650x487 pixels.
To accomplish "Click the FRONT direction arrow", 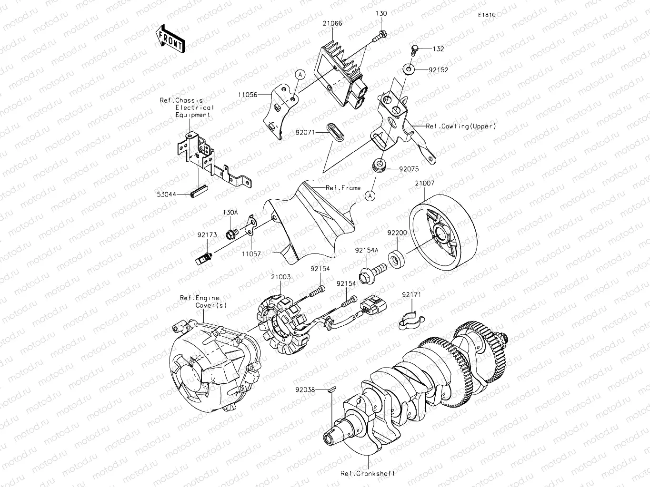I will point(170,38).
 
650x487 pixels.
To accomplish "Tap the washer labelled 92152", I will point(408,69).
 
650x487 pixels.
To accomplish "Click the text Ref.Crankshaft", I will point(368,474).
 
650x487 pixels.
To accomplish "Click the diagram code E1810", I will point(487,15).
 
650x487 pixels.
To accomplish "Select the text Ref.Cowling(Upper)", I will point(460,127).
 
